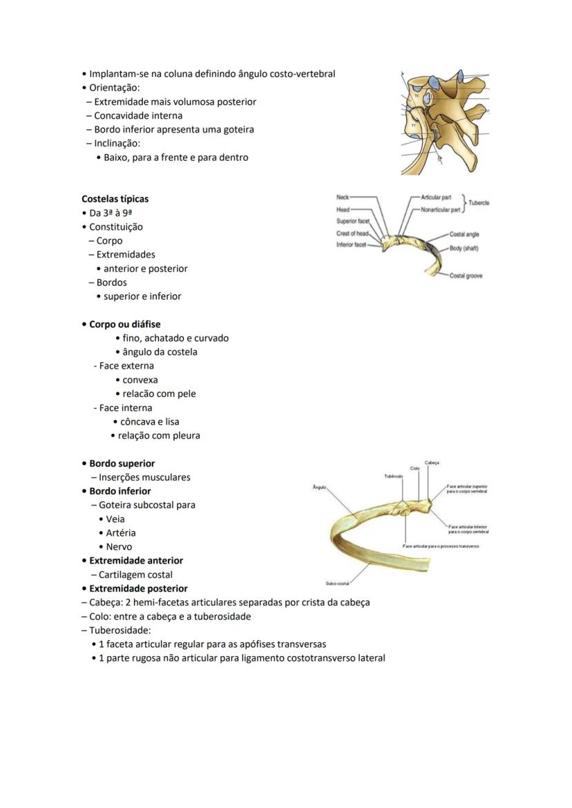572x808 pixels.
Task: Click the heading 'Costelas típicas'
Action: point(115,199)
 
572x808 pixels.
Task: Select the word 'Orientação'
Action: point(115,88)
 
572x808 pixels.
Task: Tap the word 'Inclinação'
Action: point(117,143)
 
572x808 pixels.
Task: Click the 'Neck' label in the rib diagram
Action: point(343,197)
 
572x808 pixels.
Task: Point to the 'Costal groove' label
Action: point(466,276)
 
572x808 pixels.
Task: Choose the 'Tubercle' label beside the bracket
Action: point(479,203)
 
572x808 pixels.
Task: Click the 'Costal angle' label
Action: point(464,235)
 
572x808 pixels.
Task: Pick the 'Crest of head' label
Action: point(352,233)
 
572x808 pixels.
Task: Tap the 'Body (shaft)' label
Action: point(464,248)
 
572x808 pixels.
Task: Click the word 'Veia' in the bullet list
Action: point(115,519)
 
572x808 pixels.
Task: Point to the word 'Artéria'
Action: point(121,532)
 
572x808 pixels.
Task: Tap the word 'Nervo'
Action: point(119,546)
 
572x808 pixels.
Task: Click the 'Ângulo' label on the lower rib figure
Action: point(319,487)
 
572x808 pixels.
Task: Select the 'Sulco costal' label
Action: point(338,584)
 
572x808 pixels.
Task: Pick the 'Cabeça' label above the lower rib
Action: point(432,463)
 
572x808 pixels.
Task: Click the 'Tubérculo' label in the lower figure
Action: point(394,476)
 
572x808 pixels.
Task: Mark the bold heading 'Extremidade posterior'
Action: point(138,588)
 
